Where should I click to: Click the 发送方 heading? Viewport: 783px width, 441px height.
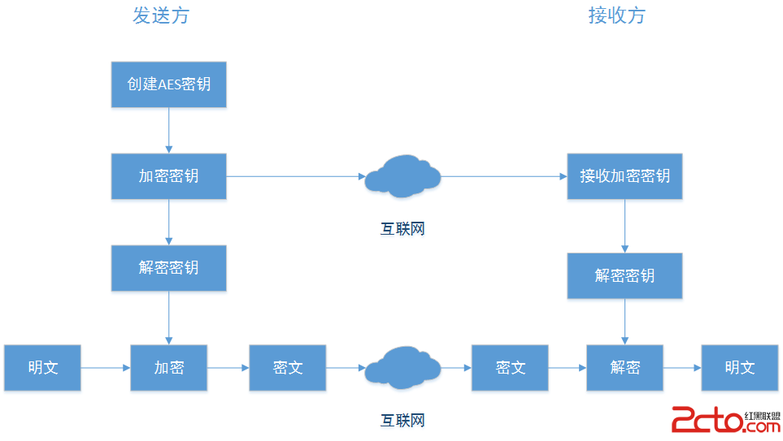click(160, 15)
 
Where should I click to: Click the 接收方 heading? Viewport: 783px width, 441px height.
click(616, 15)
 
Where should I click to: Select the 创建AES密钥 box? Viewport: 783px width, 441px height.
click(168, 84)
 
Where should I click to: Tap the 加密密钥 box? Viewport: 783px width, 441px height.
click(168, 175)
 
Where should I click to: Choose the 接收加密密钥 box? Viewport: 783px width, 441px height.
click(624, 175)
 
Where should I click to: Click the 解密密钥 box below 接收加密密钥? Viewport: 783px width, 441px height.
click(624, 275)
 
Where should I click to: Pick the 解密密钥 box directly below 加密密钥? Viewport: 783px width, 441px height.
click(168, 267)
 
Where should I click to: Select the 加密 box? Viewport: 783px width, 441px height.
click(168, 368)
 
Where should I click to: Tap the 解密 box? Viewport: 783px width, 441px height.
click(624, 368)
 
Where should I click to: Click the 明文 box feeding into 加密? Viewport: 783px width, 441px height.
click(42, 368)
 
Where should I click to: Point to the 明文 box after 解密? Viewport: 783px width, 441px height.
click(739, 368)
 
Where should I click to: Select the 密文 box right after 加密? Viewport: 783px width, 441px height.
click(287, 368)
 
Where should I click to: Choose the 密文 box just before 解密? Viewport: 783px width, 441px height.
click(510, 368)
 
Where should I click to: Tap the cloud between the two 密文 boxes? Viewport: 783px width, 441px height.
click(402, 367)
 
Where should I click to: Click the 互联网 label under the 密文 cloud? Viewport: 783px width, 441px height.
click(402, 420)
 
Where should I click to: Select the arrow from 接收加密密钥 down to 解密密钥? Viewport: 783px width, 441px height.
click(624, 226)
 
